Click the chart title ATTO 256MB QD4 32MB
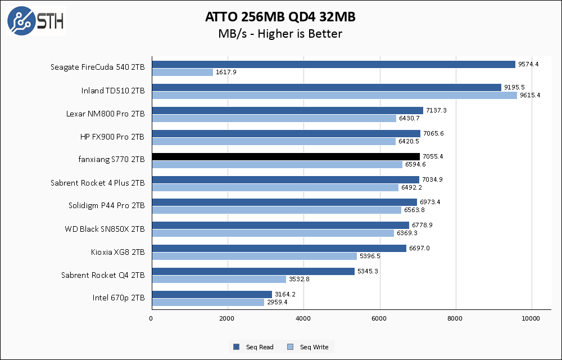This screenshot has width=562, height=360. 280,17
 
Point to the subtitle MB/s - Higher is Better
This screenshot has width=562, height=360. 280,34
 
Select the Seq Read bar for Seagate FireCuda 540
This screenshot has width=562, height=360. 333,64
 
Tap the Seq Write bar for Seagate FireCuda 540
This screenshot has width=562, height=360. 182,72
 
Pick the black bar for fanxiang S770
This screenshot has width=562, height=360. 285,156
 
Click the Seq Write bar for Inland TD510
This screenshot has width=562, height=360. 334,95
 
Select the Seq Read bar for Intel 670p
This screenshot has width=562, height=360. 212,294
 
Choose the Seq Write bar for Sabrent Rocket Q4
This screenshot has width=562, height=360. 219,279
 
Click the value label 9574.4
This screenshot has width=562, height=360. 528,64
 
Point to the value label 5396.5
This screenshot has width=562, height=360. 370,256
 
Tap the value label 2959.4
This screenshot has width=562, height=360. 277,302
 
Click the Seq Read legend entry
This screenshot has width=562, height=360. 254,347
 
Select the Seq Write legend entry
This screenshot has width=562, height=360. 309,347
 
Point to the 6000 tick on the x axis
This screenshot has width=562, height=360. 380,319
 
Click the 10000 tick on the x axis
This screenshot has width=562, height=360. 532,319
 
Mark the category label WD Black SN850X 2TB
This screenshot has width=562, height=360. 105,229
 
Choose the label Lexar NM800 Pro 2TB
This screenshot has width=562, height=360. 105,114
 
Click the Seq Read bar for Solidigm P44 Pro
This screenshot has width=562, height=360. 284,202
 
